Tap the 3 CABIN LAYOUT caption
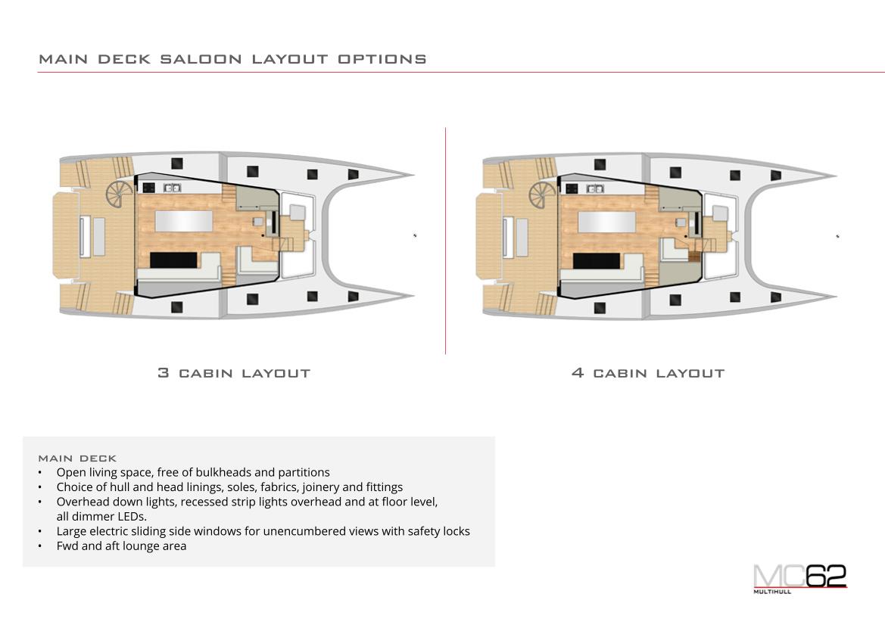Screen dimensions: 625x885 tap(234, 373)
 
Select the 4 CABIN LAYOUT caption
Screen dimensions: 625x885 tap(648, 373)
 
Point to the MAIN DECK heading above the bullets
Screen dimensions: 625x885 tap(77, 458)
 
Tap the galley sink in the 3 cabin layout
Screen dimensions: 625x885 tap(172, 188)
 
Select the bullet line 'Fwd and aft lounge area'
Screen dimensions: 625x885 tap(121, 546)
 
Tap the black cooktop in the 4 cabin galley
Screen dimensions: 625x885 tap(572, 188)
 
